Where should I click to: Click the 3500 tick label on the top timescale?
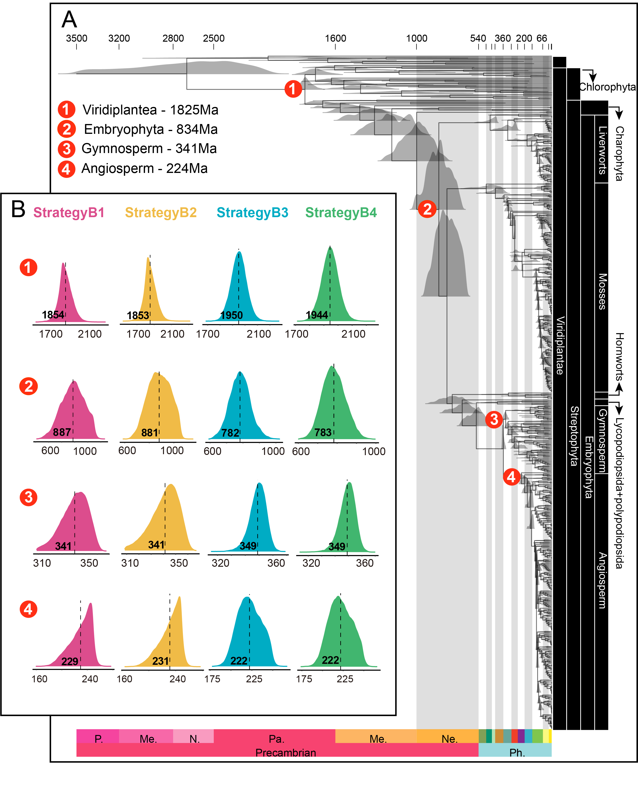[76, 38]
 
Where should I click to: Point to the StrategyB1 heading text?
[69, 212]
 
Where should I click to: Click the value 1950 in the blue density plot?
[231, 315]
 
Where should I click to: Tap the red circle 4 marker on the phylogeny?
[511, 477]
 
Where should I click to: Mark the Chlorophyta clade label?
[607, 87]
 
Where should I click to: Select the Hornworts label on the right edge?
[620, 357]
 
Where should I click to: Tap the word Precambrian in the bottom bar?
[286, 753]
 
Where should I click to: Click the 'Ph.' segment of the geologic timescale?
[517, 753]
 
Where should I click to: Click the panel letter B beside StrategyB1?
[18, 209]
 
